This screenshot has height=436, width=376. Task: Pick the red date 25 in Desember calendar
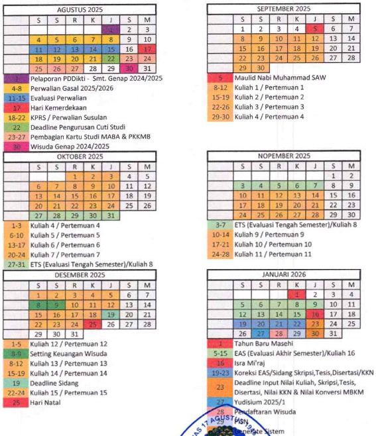(x=92, y=325)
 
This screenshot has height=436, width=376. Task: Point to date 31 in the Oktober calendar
(x=110, y=215)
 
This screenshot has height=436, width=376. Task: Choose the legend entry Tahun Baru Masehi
(x=263, y=344)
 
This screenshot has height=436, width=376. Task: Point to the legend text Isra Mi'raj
(x=252, y=363)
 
